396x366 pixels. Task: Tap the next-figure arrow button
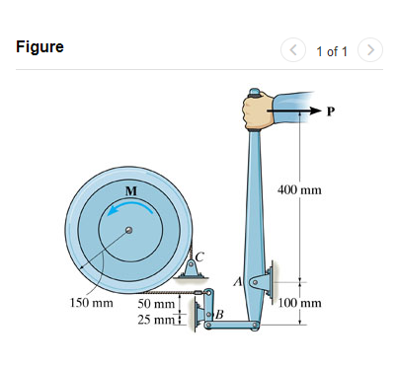369,48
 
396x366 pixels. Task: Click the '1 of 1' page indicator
331,49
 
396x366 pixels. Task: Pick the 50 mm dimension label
155,303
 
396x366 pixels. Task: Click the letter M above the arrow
129,188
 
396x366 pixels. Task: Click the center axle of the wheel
127,232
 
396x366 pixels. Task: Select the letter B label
219,314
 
